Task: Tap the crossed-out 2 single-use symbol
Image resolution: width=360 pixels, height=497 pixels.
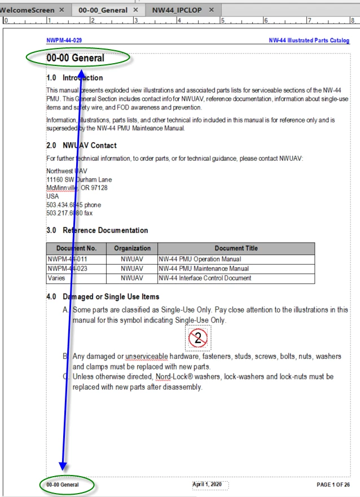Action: (197, 338)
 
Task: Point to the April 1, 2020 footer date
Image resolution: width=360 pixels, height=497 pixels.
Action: (210, 484)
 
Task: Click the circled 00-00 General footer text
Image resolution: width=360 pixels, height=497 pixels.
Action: (63, 484)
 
